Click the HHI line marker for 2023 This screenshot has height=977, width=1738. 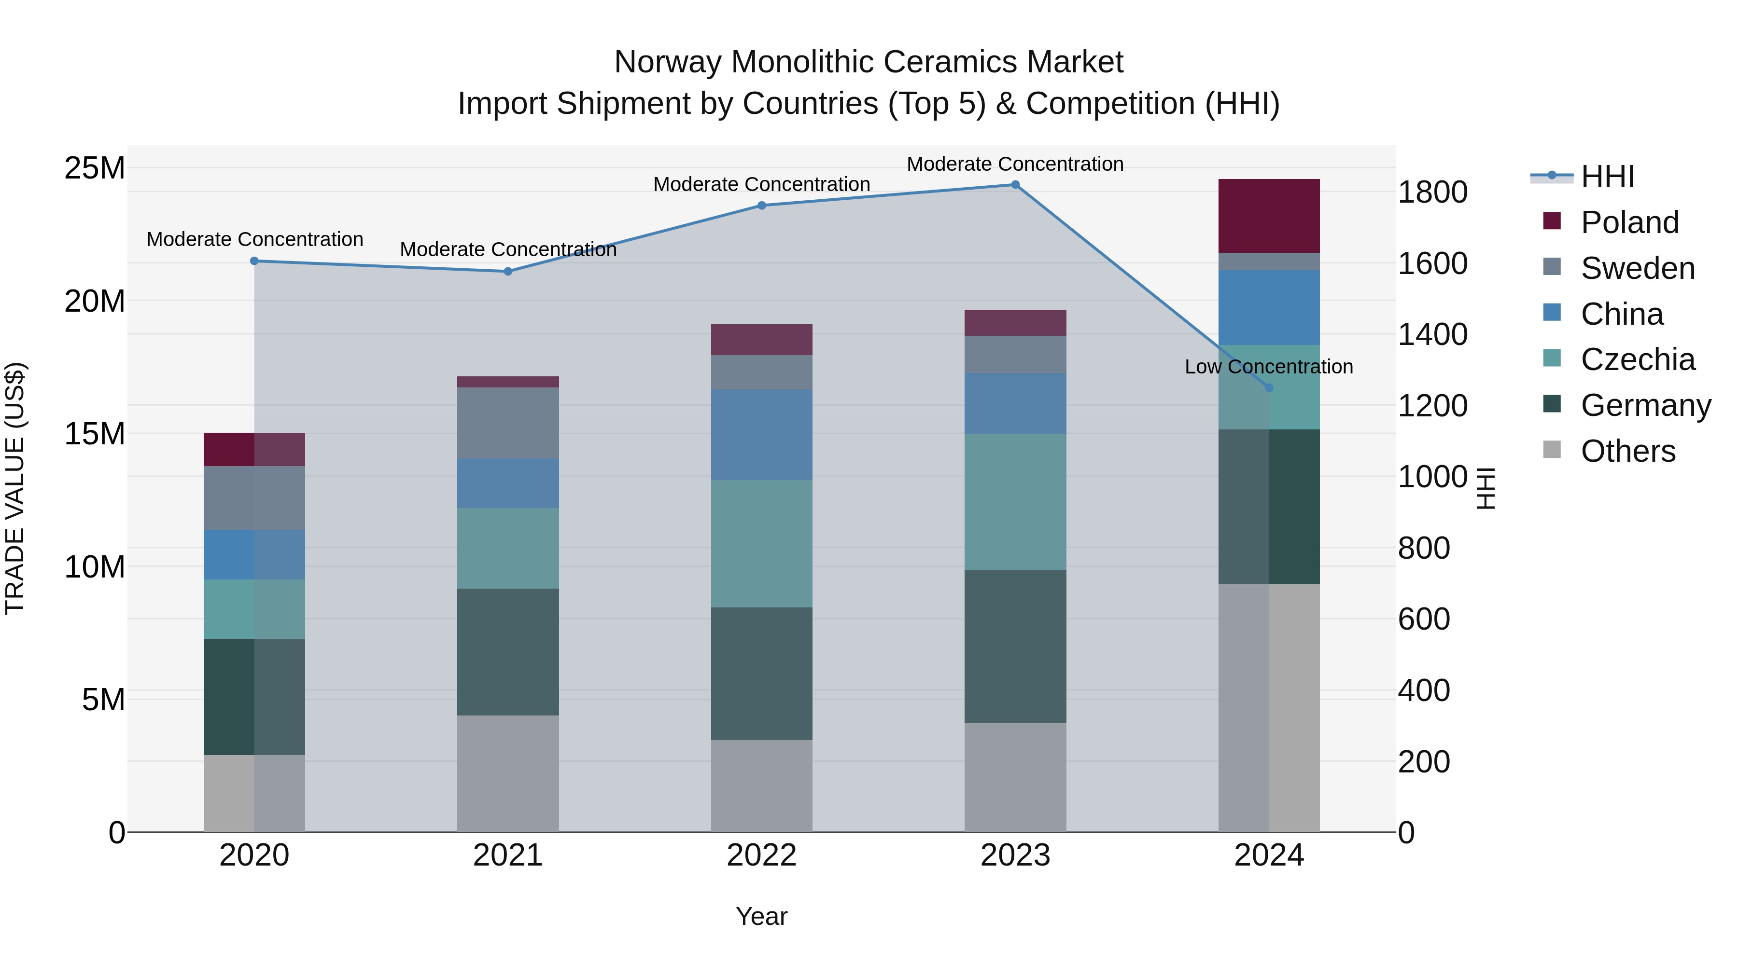click(1015, 185)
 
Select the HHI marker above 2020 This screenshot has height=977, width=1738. click(254, 261)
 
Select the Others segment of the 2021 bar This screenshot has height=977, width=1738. click(507, 773)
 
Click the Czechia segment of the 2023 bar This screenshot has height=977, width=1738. click(1015, 502)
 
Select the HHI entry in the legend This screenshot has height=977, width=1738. click(1606, 177)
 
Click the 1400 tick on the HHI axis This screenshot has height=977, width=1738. click(1432, 334)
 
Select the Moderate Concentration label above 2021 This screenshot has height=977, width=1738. click(507, 249)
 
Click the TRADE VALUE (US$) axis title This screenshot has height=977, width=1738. click(15, 488)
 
